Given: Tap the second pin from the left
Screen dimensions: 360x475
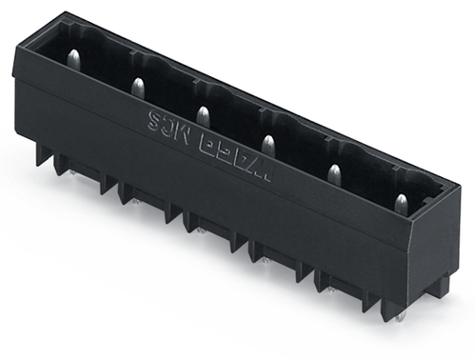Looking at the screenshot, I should point(138,88).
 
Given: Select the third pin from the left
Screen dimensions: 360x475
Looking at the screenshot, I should point(202,115).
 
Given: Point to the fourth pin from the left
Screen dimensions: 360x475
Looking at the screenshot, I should point(267,144).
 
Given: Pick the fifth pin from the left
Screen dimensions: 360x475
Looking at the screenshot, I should point(334,173).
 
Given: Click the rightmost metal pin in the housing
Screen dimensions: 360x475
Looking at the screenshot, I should point(401,203).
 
